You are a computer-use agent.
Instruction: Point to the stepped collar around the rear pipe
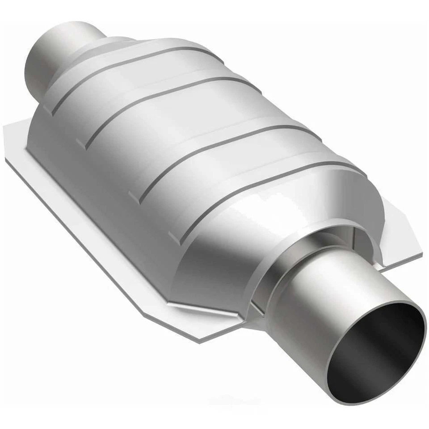click(x=89, y=58)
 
